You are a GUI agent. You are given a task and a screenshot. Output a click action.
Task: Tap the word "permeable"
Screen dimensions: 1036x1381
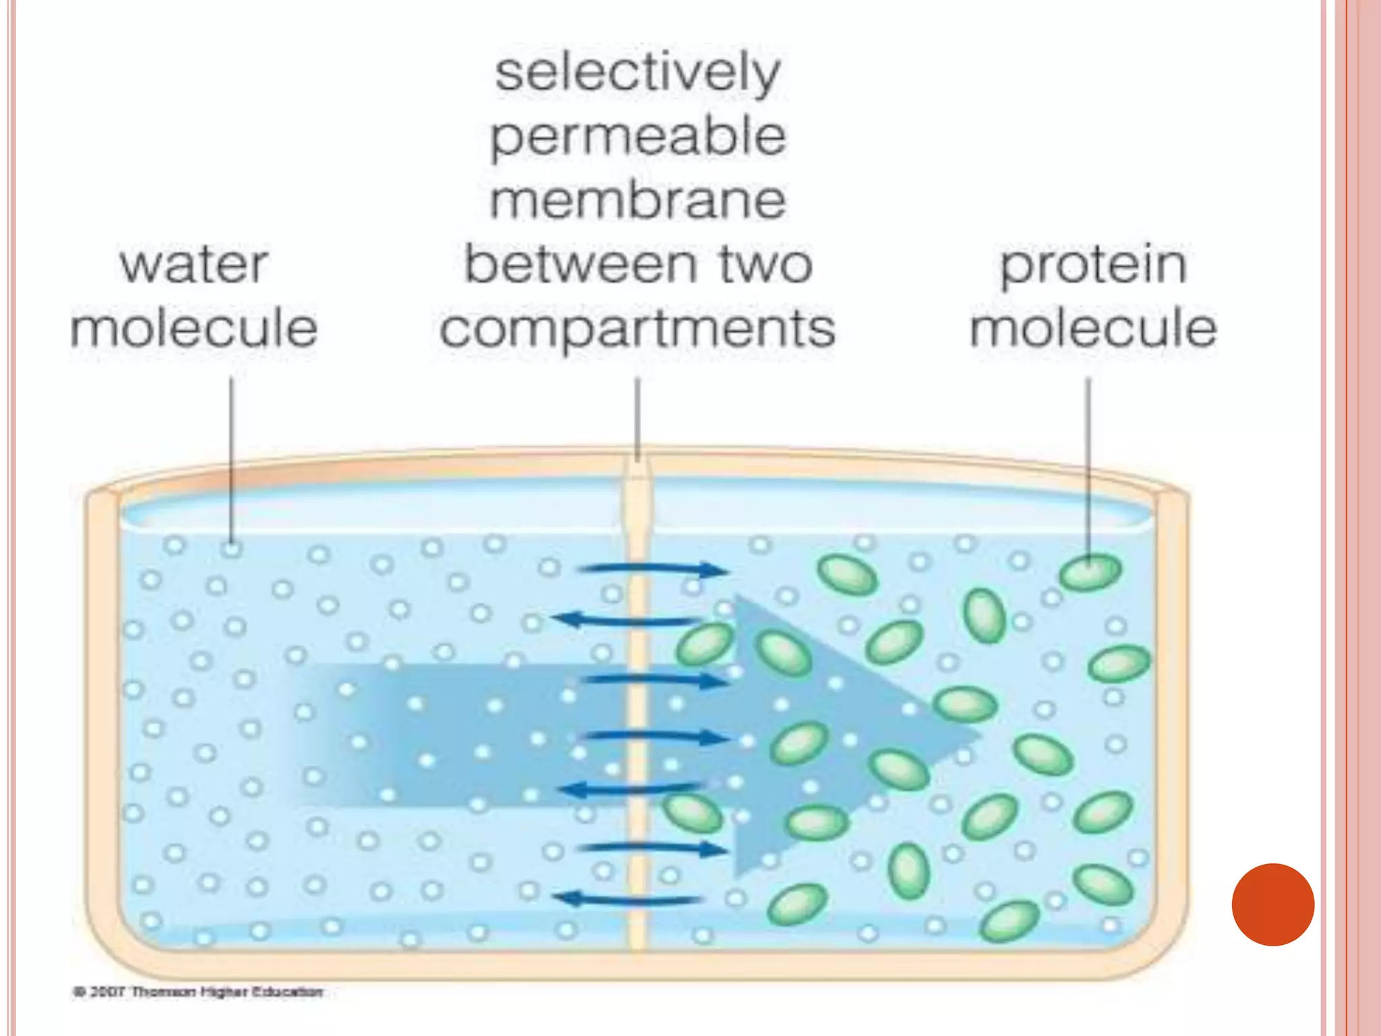tap(637, 138)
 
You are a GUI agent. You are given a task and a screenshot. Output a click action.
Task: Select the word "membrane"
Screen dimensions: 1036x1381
tap(637, 200)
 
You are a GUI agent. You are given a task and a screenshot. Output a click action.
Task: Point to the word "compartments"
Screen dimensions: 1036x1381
tap(637, 328)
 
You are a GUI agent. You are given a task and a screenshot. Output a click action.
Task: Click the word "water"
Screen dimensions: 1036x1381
tap(194, 264)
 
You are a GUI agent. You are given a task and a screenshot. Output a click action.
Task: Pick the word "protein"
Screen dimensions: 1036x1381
tap(1092, 264)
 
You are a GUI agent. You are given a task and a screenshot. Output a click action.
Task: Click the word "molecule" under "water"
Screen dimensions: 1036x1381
tap(194, 328)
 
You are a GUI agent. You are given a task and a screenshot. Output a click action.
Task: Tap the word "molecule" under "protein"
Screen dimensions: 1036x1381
tap(1092, 328)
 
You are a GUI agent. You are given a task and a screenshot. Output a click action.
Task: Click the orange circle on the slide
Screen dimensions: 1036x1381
tap(1272, 904)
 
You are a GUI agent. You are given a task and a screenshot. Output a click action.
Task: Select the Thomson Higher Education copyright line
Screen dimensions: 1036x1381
tap(198, 991)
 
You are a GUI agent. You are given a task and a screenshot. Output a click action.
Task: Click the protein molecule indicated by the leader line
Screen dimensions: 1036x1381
tap(1090, 573)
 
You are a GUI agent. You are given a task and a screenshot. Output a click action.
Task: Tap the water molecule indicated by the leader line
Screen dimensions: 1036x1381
tap(231, 548)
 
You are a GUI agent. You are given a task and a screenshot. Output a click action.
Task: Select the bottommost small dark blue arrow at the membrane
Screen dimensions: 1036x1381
tap(627, 898)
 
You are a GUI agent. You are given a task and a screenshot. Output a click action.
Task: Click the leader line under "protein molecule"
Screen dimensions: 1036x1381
tap(1088, 465)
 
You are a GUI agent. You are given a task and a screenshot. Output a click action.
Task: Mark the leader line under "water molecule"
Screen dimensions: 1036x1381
tap(231, 459)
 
